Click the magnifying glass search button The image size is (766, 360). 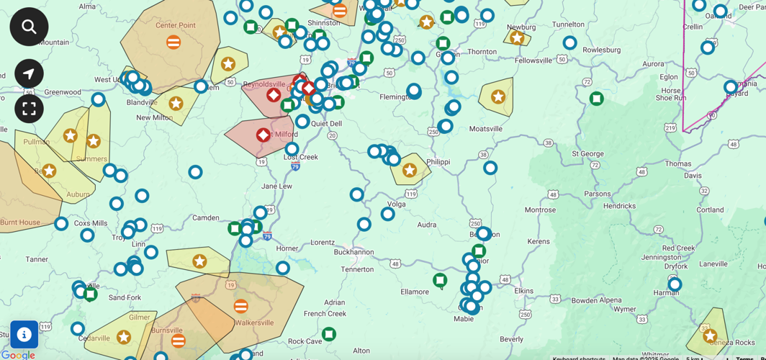point(29,27)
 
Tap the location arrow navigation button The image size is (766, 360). point(29,73)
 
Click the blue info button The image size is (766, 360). point(24,334)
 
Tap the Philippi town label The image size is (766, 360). point(443,162)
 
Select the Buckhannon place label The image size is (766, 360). point(353,252)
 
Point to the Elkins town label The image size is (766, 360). point(523,291)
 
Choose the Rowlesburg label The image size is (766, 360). point(601,50)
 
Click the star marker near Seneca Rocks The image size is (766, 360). point(710,336)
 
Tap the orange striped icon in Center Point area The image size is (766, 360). point(174,42)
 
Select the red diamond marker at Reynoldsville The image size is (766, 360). point(274,95)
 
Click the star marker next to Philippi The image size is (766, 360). point(410,170)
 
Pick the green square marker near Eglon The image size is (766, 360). point(596,98)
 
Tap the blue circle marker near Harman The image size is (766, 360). point(675,284)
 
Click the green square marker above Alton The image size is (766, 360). point(328,333)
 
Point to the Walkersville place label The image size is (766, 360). point(256,323)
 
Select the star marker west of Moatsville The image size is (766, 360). point(497,96)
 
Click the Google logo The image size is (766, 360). point(18,354)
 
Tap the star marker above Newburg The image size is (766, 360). point(516,37)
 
